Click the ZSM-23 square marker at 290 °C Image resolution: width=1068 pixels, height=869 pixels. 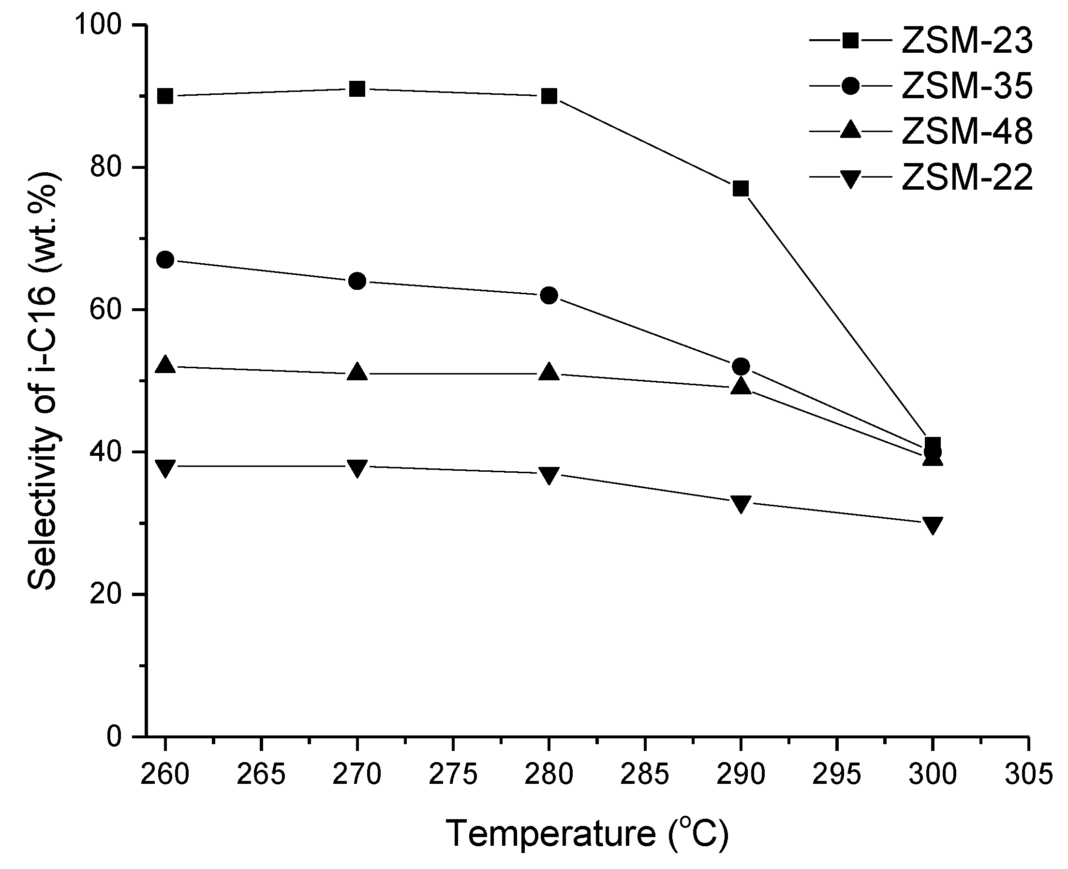pos(741,189)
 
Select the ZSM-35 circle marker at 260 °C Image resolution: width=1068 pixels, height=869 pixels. pos(165,260)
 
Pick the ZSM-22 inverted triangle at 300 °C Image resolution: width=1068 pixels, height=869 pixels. pos(933,525)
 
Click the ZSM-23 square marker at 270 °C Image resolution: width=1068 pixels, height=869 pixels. pos(357,89)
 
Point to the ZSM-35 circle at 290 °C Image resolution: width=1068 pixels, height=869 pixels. pos(741,366)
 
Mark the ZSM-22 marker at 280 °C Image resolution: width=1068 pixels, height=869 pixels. pos(549,475)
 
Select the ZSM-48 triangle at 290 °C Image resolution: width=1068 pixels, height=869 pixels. pos(741,387)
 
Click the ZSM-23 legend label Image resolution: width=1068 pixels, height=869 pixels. pos(967,41)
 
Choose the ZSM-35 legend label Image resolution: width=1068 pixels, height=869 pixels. pos(967,87)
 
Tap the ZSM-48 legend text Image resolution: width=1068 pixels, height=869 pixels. pos(967,132)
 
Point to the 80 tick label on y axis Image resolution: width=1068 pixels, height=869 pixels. pos(105,168)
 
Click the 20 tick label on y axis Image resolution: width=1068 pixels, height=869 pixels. pos(105,594)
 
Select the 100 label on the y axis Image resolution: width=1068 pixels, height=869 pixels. pos(98,25)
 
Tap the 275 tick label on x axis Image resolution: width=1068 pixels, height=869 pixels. pos(453,774)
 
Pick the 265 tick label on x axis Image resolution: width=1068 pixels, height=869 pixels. pos(261,774)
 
